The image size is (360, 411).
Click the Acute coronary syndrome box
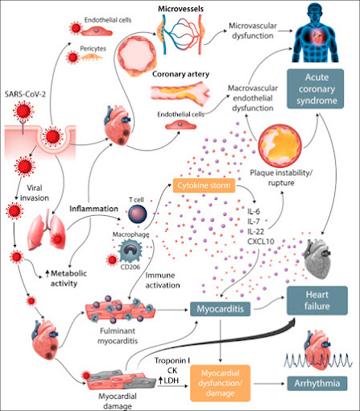coord(315,89)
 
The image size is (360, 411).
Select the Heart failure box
coord(317,301)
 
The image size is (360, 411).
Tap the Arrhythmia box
coord(317,384)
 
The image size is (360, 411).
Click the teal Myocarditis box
coord(221,309)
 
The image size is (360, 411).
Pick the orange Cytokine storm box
coord(204,185)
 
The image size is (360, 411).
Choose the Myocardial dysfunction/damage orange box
coord(220,383)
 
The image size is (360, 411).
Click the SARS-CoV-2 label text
coord(25,94)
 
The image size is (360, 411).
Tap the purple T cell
coord(138,214)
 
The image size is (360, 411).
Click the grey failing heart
coord(317,259)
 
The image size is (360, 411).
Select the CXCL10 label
coord(261,242)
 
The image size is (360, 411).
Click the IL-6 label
coord(254,211)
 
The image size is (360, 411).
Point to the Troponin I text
coord(172,360)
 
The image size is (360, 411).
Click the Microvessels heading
coord(180,9)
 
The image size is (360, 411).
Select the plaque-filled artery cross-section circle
coord(280,146)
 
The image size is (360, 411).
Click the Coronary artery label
coord(180,74)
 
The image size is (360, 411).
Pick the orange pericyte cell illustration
coord(92,57)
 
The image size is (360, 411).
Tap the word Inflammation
coord(93,209)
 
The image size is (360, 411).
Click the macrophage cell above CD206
coord(131,251)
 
